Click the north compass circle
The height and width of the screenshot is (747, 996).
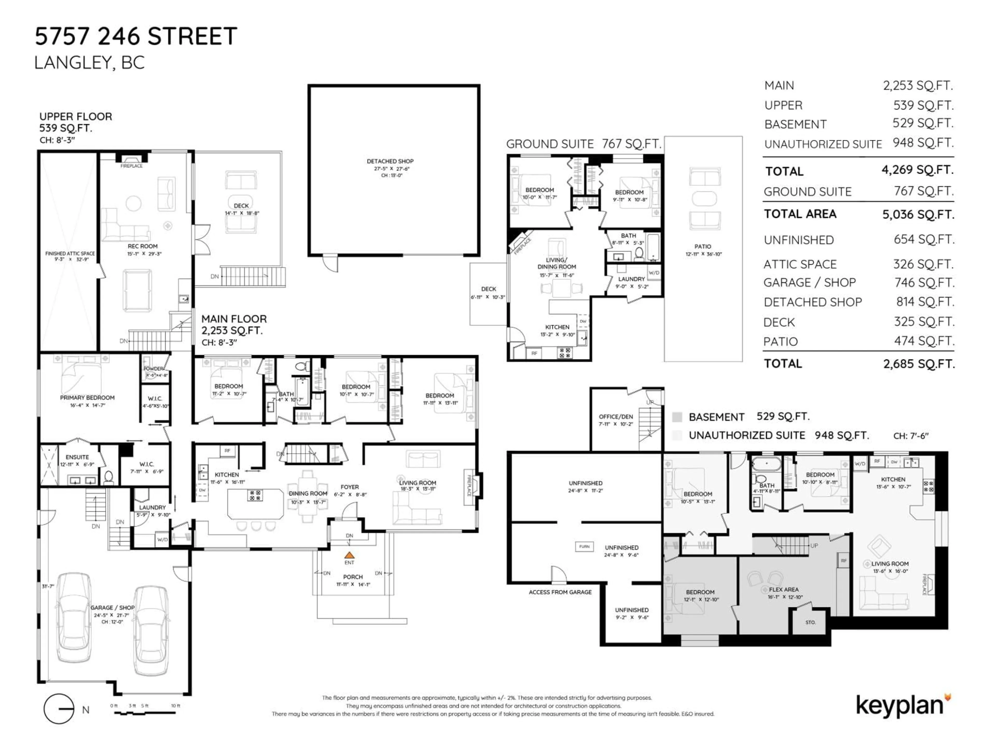[x=59, y=709]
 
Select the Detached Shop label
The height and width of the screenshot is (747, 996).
[x=390, y=161]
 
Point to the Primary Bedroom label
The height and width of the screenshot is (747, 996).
[x=87, y=398]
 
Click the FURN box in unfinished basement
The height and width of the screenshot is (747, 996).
[x=584, y=547]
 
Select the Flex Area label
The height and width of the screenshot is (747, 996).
[x=784, y=589]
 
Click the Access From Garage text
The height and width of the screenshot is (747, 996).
[x=560, y=592]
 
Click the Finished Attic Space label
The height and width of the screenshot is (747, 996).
[x=70, y=253]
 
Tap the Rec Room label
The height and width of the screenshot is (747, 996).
[x=142, y=246]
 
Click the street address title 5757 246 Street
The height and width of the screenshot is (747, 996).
[x=136, y=37]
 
